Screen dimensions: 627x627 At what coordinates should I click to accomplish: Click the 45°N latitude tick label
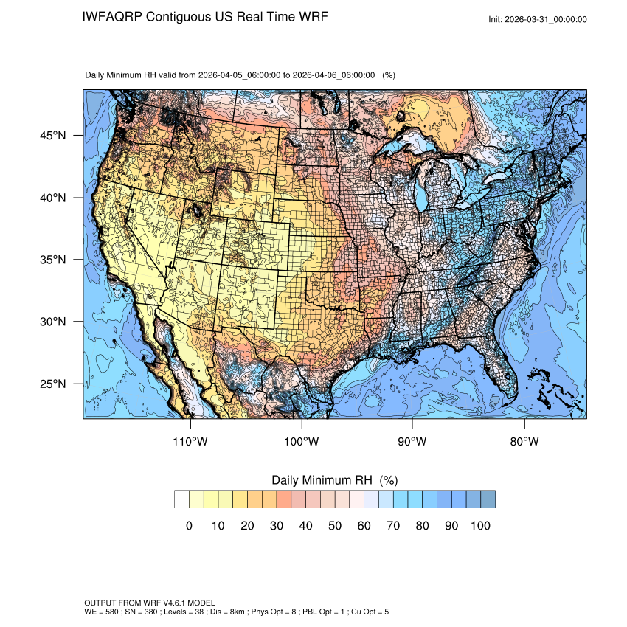click(52, 136)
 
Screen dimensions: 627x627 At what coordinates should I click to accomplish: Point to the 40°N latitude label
click(52, 198)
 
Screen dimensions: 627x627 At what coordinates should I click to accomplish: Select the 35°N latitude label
click(52, 260)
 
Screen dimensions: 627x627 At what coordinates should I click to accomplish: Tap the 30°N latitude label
click(52, 322)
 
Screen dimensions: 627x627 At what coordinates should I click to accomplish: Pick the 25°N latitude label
click(52, 384)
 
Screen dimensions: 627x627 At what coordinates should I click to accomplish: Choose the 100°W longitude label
click(302, 442)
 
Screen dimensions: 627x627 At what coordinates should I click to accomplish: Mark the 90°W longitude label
click(413, 442)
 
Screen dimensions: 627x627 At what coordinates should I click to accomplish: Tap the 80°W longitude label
click(524, 442)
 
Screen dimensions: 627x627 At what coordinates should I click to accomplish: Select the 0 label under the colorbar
click(190, 525)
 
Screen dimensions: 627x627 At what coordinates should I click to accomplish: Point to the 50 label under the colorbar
click(335, 525)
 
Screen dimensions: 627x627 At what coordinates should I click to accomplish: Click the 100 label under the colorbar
click(480, 525)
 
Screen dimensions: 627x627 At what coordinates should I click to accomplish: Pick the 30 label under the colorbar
click(277, 525)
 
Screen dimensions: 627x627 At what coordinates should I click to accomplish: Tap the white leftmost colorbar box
click(182, 499)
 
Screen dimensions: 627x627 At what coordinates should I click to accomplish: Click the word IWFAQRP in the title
click(113, 16)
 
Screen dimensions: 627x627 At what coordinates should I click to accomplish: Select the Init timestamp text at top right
click(538, 20)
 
